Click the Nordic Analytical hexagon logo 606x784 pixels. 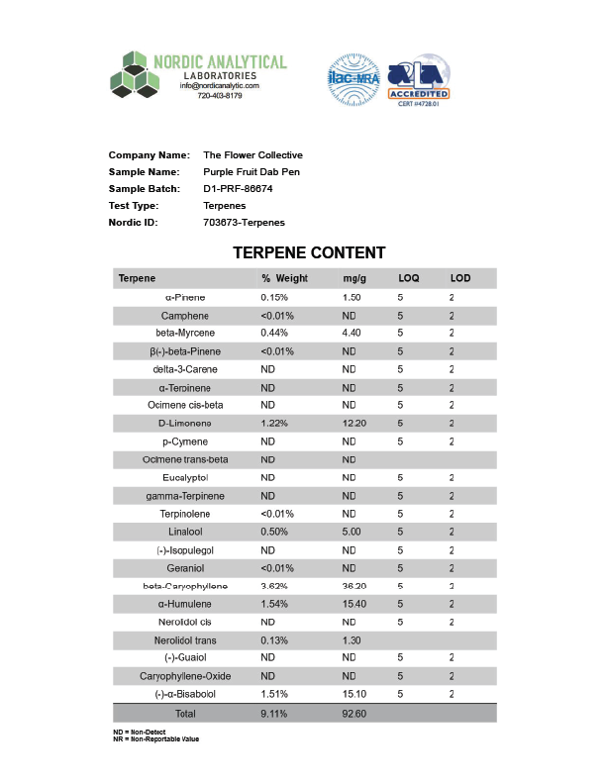[x=134, y=75]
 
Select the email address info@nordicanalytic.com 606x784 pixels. [x=219, y=86]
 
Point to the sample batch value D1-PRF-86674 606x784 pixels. [x=238, y=188]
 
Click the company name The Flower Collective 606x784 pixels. [x=252, y=154]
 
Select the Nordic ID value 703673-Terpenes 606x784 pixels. [x=244, y=222]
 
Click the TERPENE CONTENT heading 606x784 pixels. [x=309, y=253]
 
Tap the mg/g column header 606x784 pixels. [x=353, y=278]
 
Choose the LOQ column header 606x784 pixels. [x=409, y=278]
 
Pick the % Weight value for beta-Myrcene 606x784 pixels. [x=274, y=333]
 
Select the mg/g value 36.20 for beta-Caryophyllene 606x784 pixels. [x=353, y=586]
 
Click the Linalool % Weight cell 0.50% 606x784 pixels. [x=274, y=532]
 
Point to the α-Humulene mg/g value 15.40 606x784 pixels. [x=353, y=604]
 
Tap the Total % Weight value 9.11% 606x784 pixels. [x=274, y=713]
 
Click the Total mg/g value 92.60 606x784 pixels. [x=353, y=713]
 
